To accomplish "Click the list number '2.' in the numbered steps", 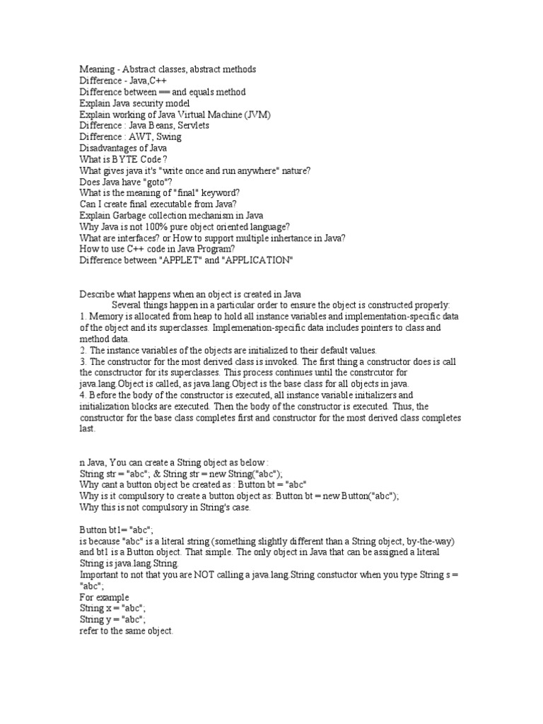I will pyautogui.click(x=83, y=351).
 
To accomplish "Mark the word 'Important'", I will pyautogui.click(x=99, y=574).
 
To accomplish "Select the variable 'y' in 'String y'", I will pyautogui.click(x=108, y=619).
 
